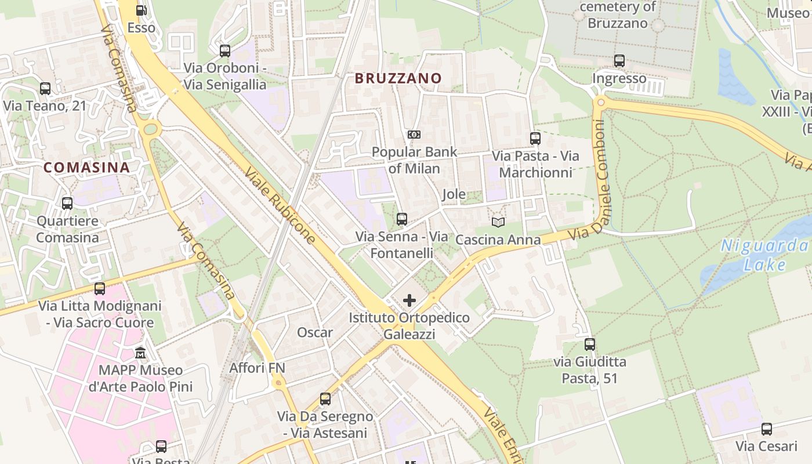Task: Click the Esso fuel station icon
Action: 141,10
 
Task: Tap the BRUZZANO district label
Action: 398,78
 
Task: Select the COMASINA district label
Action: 86,168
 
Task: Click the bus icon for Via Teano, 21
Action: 45,89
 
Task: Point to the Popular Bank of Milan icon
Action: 414,135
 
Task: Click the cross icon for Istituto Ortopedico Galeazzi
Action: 409,300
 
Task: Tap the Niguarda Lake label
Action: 764,255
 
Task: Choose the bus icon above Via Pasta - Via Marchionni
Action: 535,139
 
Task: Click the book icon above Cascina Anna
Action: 498,222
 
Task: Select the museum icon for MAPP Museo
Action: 140,353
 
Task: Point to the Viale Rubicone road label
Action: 280,206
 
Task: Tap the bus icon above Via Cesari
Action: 766,429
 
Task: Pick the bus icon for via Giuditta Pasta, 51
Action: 589,345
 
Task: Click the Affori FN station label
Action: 257,368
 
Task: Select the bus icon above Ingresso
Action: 619,61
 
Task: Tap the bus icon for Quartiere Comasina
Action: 67,204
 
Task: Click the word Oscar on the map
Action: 315,333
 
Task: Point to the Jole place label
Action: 454,194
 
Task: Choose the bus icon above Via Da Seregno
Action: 325,399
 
